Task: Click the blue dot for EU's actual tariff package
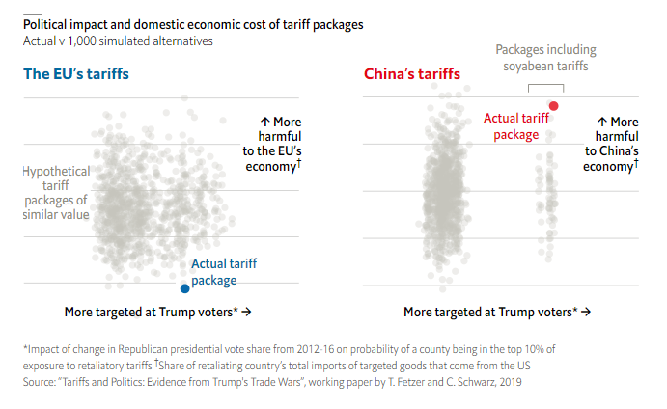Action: tap(184, 288)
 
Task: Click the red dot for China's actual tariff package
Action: tap(554, 105)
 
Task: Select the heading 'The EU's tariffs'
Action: tap(76, 74)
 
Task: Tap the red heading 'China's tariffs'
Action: tap(412, 74)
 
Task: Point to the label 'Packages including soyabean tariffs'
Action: tap(545, 58)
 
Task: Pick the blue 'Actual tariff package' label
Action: tap(224, 272)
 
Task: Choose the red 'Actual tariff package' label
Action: tap(516, 126)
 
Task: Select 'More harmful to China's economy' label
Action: tap(610, 145)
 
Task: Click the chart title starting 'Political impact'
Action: tap(193, 24)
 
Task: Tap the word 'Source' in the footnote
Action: tap(41, 382)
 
